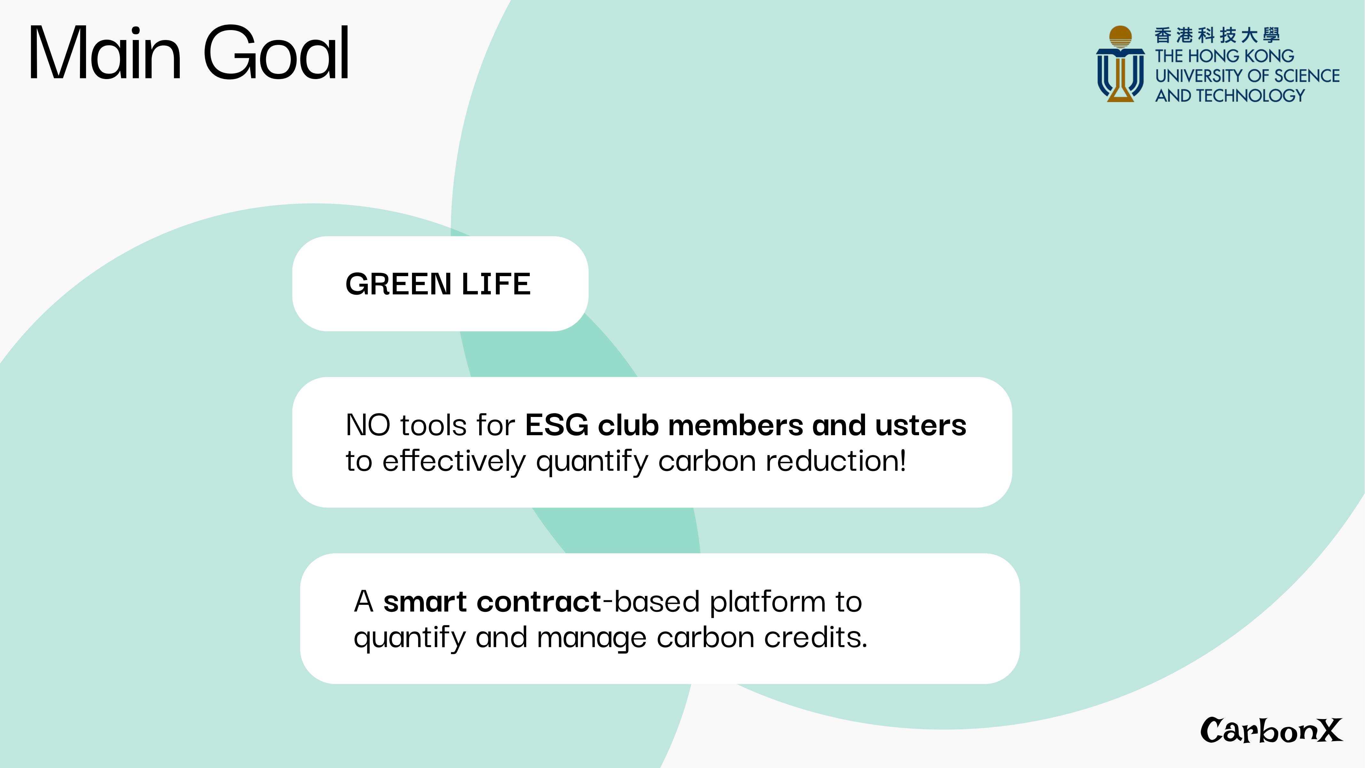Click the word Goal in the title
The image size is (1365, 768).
276,53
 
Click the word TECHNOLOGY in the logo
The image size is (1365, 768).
1251,95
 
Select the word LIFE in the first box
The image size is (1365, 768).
496,284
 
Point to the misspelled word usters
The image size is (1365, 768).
921,426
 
